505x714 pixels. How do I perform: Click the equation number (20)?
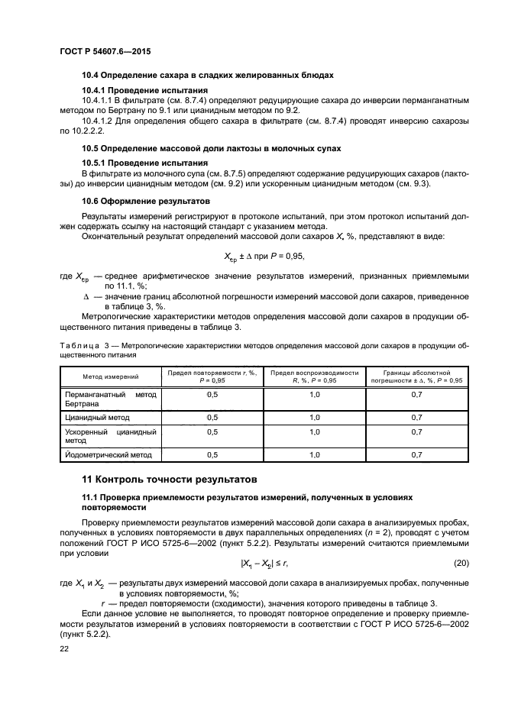point(460,563)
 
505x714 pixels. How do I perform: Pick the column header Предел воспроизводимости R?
point(314,376)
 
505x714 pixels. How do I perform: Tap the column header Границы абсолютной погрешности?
point(416,376)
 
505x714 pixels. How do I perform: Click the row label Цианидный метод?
point(97,418)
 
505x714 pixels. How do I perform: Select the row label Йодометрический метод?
point(108,455)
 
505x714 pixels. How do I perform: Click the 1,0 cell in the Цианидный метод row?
point(314,418)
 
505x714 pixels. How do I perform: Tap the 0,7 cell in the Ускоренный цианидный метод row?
point(416,432)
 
